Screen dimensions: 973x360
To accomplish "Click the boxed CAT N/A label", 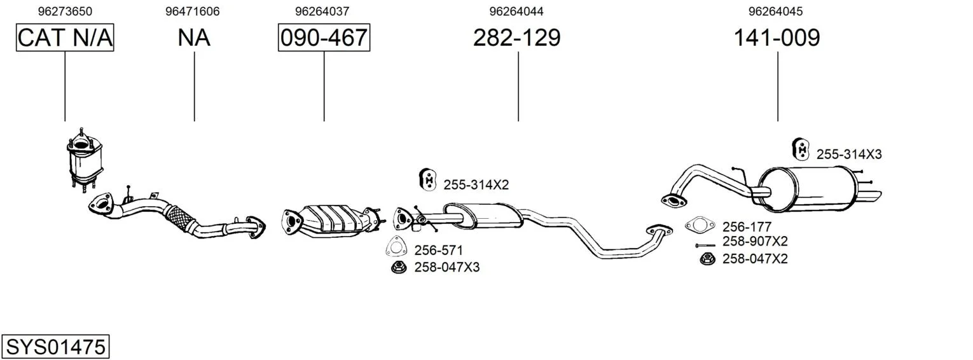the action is (65, 38).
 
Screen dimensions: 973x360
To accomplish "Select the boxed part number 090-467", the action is (324, 38).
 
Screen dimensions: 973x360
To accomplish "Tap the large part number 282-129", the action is (517, 38).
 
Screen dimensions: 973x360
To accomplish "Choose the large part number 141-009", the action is (776, 38).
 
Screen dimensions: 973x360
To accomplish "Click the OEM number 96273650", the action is (65, 11).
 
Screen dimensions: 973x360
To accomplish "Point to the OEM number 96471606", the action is (193, 11).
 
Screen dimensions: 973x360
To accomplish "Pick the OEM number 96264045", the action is (775, 11).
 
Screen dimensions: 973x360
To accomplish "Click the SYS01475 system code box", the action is (55, 347).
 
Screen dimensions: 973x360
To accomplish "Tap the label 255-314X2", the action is (476, 185).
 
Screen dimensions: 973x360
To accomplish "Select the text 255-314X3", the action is (849, 155).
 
